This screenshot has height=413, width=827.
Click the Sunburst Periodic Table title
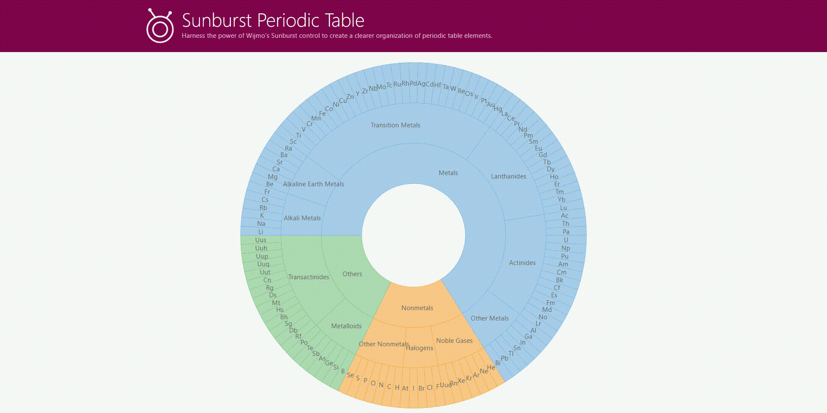point(273,20)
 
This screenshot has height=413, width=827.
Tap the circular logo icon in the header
point(160,27)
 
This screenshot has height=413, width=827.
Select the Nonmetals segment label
point(417,308)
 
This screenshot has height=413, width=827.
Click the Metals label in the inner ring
point(448,173)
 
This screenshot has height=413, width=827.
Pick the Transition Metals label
point(395,125)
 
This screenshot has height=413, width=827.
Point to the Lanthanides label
point(508,176)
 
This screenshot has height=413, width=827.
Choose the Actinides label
point(522,263)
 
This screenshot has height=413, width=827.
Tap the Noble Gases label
point(454,341)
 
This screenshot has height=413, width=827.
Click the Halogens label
point(420,348)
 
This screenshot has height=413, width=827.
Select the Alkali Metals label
point(302,218)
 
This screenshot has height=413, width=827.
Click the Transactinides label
point(308,277)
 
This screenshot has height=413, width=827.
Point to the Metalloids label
point(346,326)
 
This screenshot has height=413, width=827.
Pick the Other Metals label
point(489,318)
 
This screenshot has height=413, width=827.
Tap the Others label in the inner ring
point(352,274)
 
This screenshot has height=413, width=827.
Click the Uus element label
point(261,240)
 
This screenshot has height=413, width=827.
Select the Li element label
point(261,232)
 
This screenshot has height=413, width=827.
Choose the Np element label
point(566,248)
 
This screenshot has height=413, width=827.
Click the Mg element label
point(273,177)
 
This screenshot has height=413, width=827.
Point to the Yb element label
point(561,200)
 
